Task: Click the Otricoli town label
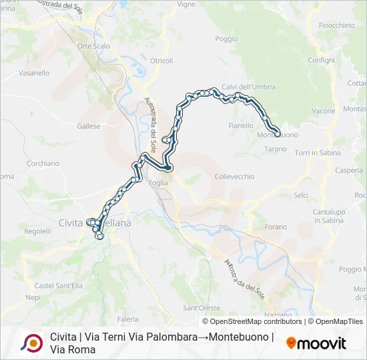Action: click(161, 61)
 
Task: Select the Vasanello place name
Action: click(34, 73)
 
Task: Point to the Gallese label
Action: click(89, 126)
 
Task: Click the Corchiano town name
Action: click(43, 163)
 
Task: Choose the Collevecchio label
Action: click(235, 176)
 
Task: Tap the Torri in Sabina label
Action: click(318, 153)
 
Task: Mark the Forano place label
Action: click(275, 226)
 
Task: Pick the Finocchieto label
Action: click(337, 25)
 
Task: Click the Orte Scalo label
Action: click(93, 46)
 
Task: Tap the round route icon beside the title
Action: click(31, 343)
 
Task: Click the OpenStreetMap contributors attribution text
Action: click(253, 321)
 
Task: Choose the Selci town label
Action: click(301, 195)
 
